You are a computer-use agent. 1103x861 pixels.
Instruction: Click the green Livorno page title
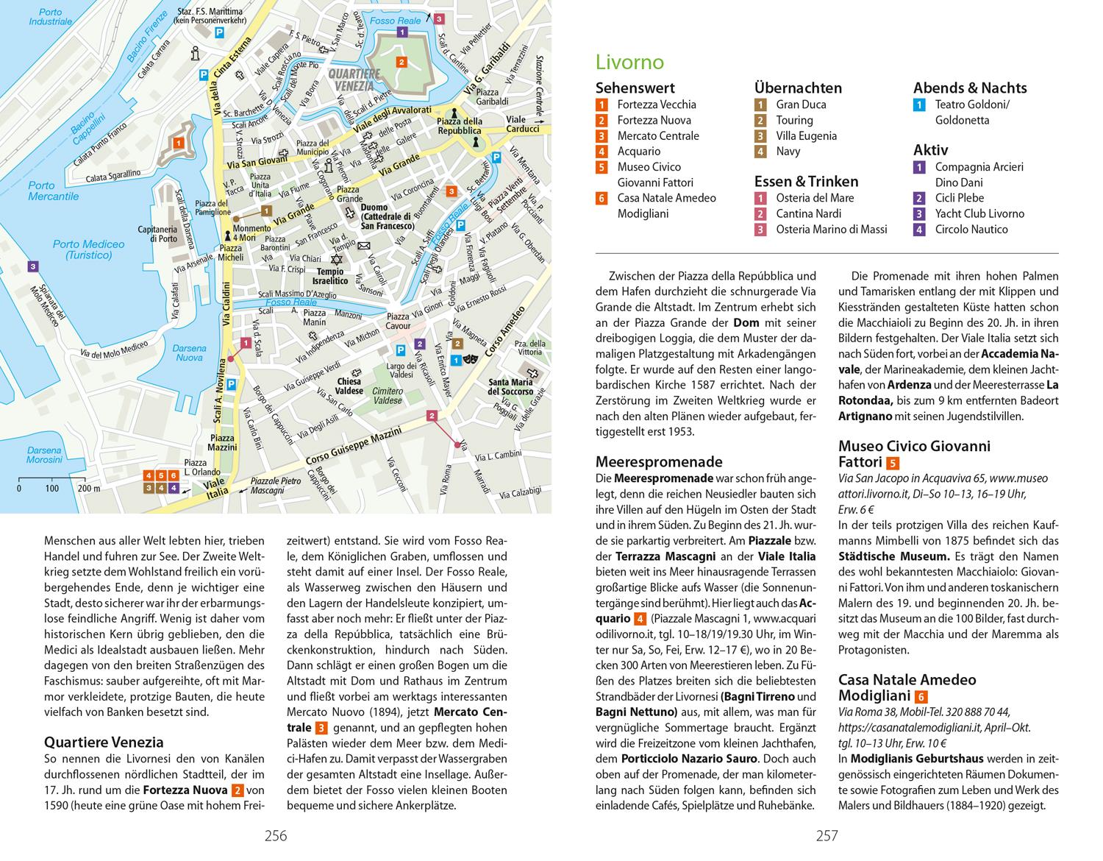click(x=629, y=62)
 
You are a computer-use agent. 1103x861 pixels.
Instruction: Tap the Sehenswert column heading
click(x=635, y=88)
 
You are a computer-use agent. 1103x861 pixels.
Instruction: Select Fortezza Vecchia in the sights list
click(x=656, y=104)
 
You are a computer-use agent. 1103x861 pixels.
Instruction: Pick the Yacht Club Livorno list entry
click(x=979, y=213)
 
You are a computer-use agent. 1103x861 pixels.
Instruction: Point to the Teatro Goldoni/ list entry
click(x=972, y=104)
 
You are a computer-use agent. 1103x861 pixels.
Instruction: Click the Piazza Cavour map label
click(x=398, y=321)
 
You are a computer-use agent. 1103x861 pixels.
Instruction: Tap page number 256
click(x=276, y=835)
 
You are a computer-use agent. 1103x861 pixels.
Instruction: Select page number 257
click(x=827, y=835)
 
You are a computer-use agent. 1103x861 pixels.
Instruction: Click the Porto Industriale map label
click(x=51, y=17)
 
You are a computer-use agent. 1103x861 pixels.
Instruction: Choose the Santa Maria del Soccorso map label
click(x=510, y=387)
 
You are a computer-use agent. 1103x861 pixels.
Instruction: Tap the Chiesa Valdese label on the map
click(x=350, y=386)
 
